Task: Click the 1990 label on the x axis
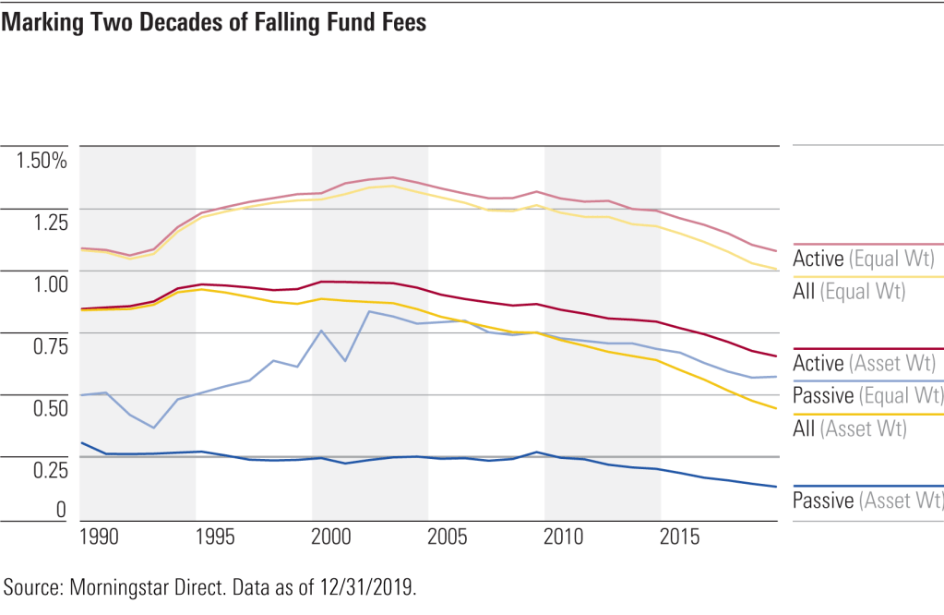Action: point(99,538)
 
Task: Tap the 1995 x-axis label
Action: point(214,538)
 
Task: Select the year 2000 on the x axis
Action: point(330,538)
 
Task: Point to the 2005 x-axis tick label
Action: point(448,538)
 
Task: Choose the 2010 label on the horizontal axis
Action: point(564,538)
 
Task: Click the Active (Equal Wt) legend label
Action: point(866,259)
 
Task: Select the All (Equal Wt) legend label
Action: point(848,291)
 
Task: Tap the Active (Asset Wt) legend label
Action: point(866,364)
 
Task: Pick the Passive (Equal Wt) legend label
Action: point(868,396)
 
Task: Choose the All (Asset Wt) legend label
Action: point(848,428)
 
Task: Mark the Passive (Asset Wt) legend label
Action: point(868,500)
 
